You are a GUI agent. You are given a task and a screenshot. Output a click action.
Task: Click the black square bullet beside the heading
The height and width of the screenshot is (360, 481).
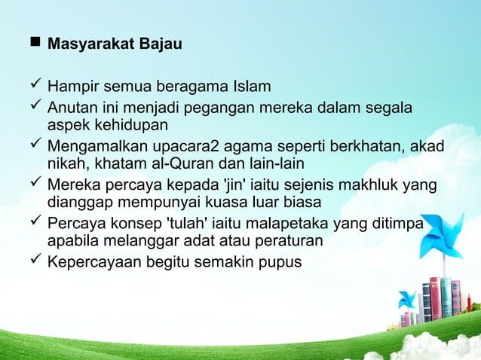pyautogui.click(x=35, y=44)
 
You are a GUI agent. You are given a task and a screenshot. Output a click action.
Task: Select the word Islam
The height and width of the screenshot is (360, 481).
pyautogui.click(x=250, y=87)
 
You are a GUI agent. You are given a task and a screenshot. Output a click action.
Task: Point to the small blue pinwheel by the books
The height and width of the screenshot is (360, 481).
pyautogui.click(x=407, y=299)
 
